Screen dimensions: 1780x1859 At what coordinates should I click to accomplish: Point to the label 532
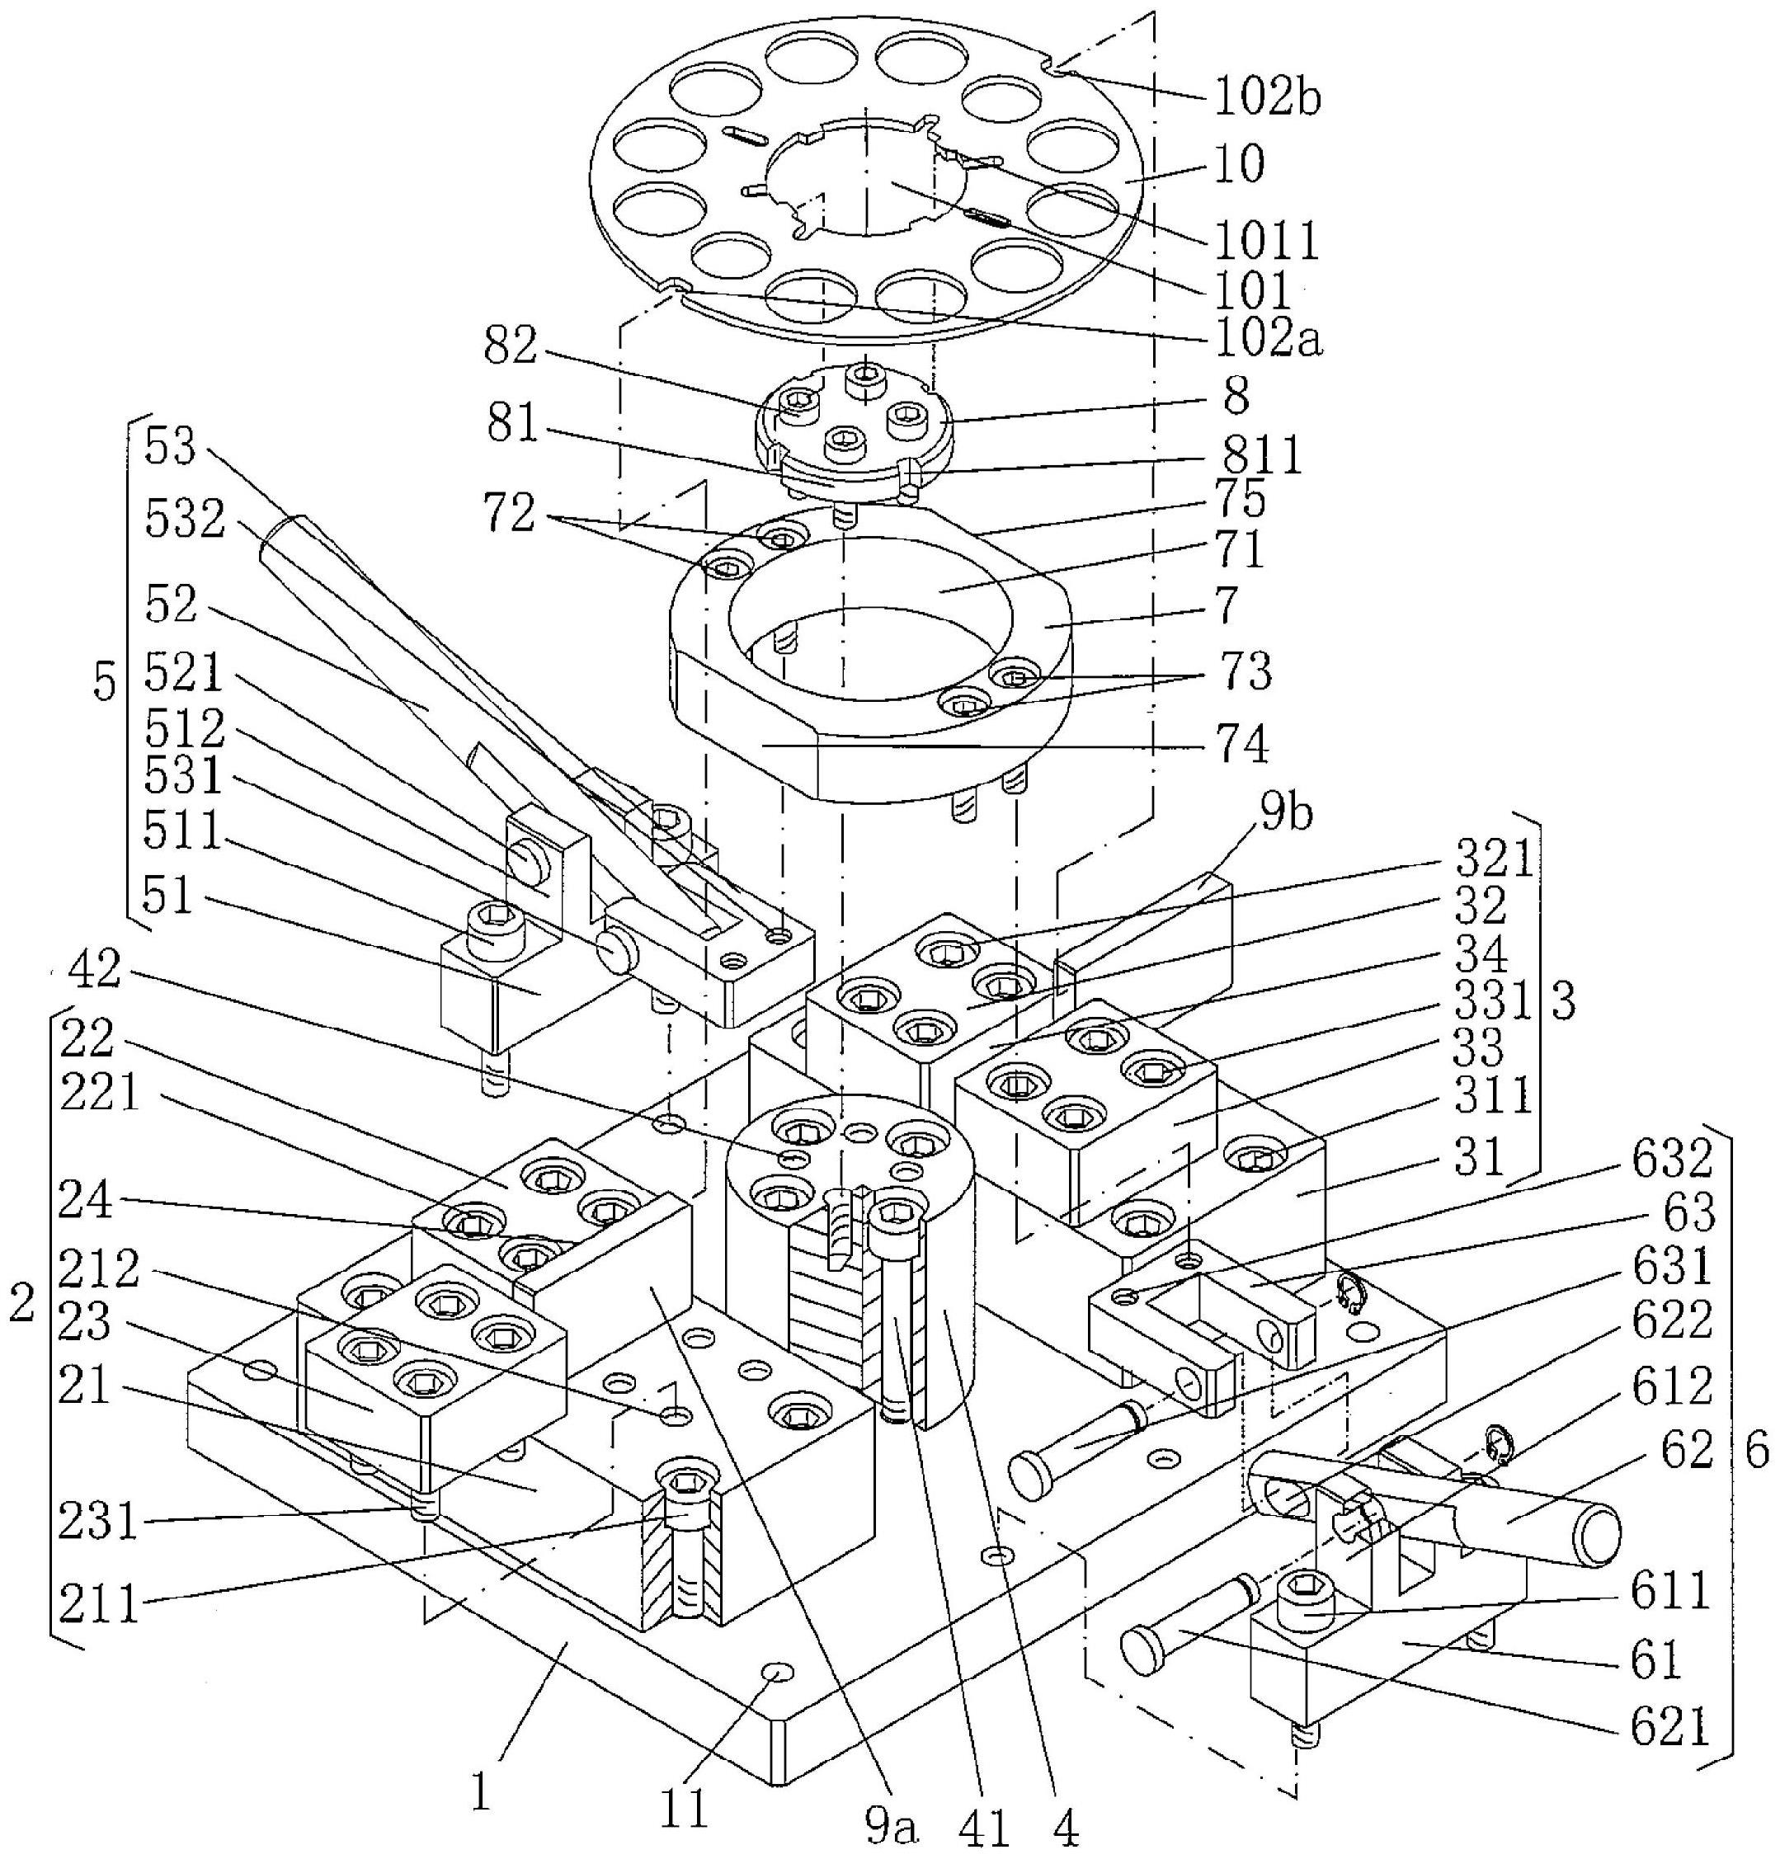(x=185, y=520)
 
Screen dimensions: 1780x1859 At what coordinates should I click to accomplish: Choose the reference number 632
(x=1672, y=1163)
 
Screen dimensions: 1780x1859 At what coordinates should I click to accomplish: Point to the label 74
(x=1241, y=745)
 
